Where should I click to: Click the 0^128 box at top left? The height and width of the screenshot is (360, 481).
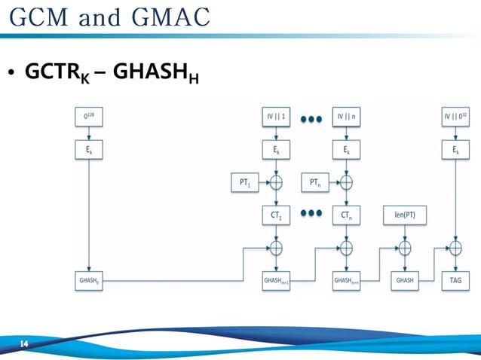(x=90, y=117)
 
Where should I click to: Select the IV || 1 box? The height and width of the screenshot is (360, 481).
(x=277, y=117)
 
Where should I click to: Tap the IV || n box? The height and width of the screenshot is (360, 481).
(x=346, y=117)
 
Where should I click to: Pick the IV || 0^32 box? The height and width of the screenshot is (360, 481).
(x=456, y=117)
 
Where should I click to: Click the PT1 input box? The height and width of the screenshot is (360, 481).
(x=243, y=182)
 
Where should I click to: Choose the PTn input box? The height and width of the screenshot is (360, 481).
(x=314, y=182)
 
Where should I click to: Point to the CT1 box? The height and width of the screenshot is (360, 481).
(x=277, y=215)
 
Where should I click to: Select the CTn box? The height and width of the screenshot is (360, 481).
(x=346, y=215)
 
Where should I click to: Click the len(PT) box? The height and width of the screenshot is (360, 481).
(x=404, y=215)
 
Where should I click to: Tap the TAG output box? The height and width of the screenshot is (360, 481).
(x=456, y=279)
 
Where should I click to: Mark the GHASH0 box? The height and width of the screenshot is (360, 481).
(x=90, y=279)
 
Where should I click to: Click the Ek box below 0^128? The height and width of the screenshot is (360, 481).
(x=90, y=150)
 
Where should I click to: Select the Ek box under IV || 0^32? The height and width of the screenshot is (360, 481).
(x=456, y=150)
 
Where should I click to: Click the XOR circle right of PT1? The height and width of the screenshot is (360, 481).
(x=277, y=182)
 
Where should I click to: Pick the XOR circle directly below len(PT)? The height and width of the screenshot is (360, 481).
(x=404, y=247)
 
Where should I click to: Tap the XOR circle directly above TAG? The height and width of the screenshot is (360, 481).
(x=456, y=247)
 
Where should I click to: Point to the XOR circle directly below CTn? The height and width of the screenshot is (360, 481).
(x=346, y=247)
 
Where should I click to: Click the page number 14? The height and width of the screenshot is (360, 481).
(x=24, y=344)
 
